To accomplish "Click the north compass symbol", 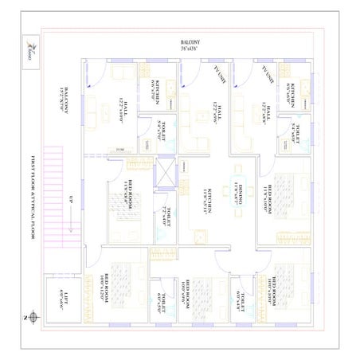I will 28,317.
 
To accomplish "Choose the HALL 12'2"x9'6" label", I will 214,112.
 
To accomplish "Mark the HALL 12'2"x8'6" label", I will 267,113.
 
